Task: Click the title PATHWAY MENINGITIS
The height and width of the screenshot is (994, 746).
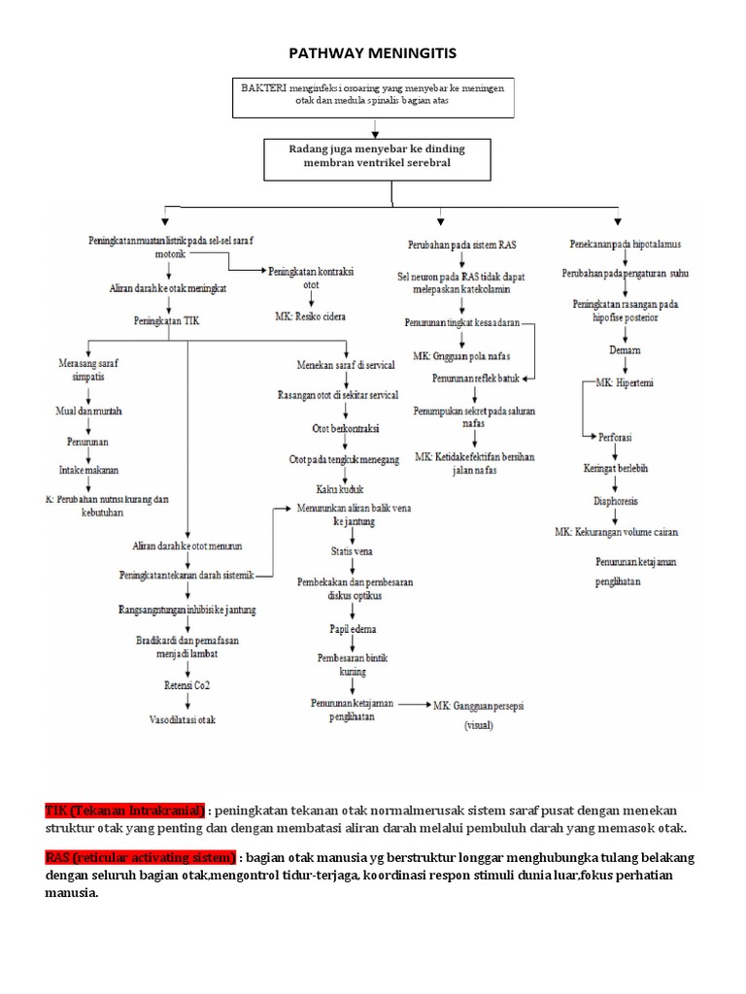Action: [x=373, y=51]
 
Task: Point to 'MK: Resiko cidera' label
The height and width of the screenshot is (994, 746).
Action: [x=311, y=317]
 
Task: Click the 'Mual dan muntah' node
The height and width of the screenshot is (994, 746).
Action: [x=88, y=411]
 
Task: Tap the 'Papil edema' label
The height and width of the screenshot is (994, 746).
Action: [x=339, y=629]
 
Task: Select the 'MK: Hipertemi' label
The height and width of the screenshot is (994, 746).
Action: [x=627, y=383]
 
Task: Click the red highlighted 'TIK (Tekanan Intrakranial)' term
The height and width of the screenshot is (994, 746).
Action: [x=124, y=810]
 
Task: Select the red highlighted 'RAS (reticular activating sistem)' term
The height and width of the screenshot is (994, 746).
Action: [x=140, y=858]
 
